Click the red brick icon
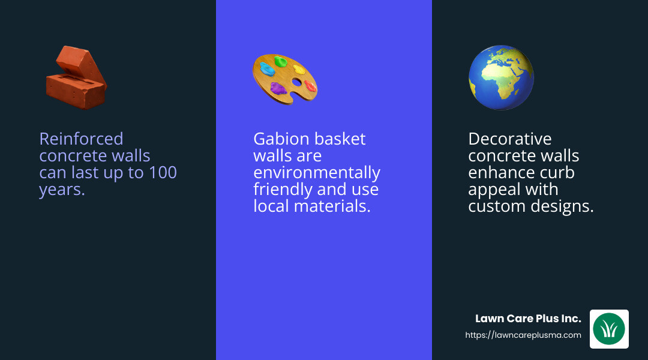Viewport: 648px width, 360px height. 76,77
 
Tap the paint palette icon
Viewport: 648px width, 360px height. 284,79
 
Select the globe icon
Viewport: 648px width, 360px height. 501,77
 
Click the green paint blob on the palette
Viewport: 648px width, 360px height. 280,61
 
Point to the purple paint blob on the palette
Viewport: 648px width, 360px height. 278,88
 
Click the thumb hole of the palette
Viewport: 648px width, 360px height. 297,82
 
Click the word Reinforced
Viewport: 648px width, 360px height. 81,139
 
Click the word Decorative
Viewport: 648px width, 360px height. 509,139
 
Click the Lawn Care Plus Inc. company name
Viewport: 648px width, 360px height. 528,319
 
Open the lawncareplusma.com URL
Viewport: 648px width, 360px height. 523,335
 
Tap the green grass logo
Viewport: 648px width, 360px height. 609,329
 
